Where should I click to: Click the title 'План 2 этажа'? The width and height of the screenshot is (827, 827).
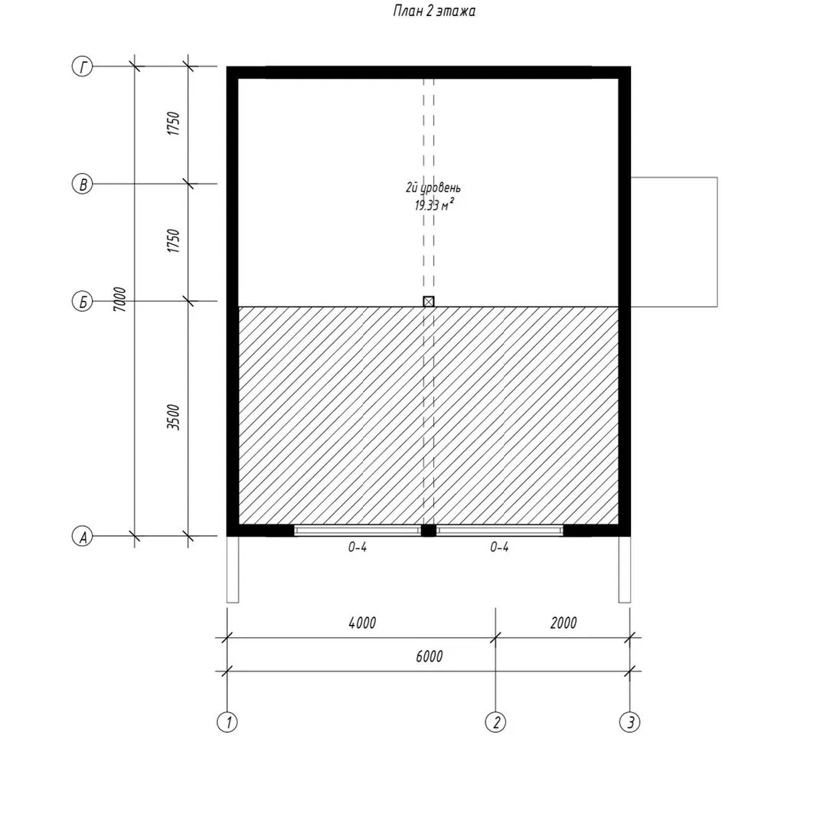click(433, 11)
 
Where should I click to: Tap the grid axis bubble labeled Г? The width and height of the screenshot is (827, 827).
click(82, 67)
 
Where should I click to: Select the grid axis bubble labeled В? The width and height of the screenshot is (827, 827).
click(82, 184)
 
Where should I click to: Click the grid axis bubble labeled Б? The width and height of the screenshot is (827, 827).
click(82, 302)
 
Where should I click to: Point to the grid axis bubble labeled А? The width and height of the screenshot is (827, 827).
click(82, 536)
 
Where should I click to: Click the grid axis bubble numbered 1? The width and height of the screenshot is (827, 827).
click(227, 721)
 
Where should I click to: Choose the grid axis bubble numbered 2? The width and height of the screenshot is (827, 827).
click(495, 721)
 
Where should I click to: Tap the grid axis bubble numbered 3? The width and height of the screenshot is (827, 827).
click(629, 721)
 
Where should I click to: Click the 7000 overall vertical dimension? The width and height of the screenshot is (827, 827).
click(120, 299)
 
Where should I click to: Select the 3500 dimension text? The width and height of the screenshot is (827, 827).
click(174, 417)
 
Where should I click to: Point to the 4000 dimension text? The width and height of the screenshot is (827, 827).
click(362, 623)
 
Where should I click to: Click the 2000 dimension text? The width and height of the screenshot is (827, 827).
click(564, 623)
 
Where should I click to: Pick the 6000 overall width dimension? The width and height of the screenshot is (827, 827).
click(430, 657)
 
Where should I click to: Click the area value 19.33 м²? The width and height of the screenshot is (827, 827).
click(434, 204)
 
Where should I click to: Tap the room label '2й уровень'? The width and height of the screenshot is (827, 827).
click(433, 188)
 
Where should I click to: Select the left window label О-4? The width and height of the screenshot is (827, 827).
click(357, 547)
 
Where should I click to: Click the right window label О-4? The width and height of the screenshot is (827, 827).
click(499, 547)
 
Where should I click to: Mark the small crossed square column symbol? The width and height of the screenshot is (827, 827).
click(429, 301)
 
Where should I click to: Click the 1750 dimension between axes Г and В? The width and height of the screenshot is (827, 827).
click(174, 123)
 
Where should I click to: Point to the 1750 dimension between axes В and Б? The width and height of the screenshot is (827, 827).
click(174, 240)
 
